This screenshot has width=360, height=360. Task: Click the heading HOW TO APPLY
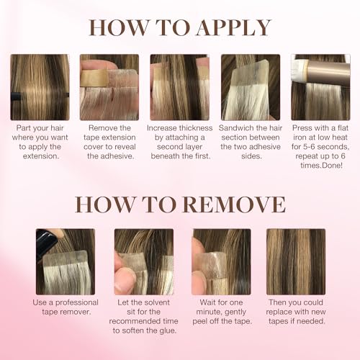tap(180, 27)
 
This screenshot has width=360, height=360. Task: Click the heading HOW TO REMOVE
tap(180, 203)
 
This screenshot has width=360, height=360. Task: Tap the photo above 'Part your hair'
tap(40, 87)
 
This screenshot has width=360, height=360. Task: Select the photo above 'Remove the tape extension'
tap(109, 87)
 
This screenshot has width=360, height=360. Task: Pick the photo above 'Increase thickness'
tap(179, 87)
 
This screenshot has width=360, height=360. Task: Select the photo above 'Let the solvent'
tap(143, 261)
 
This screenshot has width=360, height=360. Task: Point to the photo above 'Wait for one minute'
tap(221, 261)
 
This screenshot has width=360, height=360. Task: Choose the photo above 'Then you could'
tap(296, 261)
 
